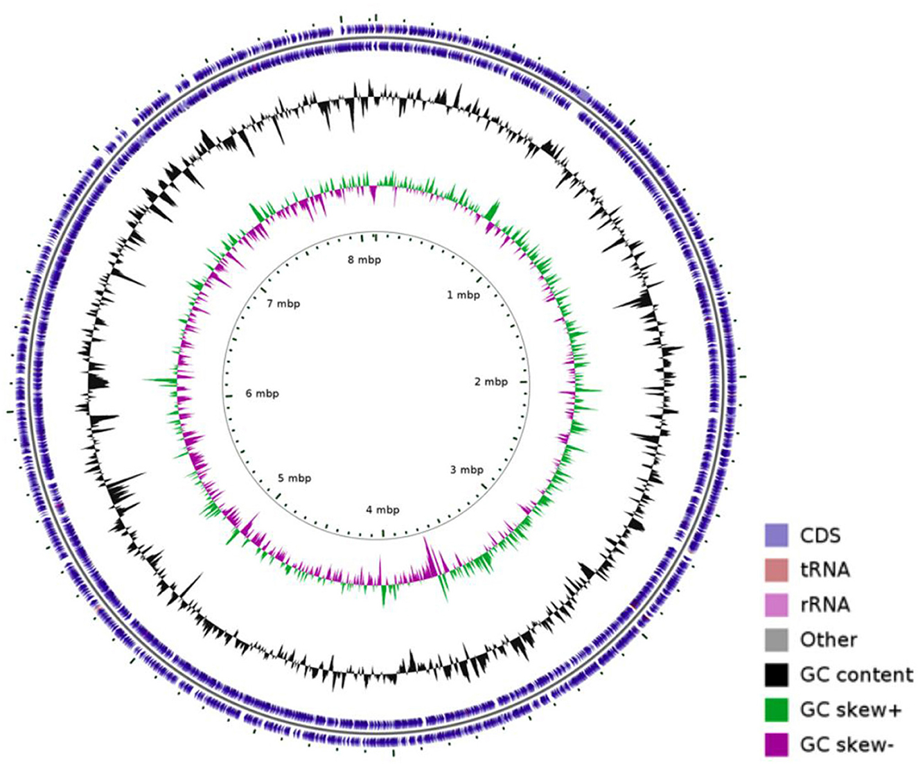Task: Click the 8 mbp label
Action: [364, 260]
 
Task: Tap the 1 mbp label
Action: [463, 295]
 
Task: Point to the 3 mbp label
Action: [466, 470]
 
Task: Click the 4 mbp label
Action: [382, 510]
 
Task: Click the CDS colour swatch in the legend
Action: [777, 535]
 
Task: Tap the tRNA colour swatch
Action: [777, 570]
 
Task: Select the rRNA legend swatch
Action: [777, 605]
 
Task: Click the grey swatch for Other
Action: [777, 639]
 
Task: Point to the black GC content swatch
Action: [777, 675]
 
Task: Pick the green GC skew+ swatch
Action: [777, 709]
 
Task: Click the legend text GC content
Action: [856, 675]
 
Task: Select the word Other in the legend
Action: [829, 639]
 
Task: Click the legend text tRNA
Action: [824, 570]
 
